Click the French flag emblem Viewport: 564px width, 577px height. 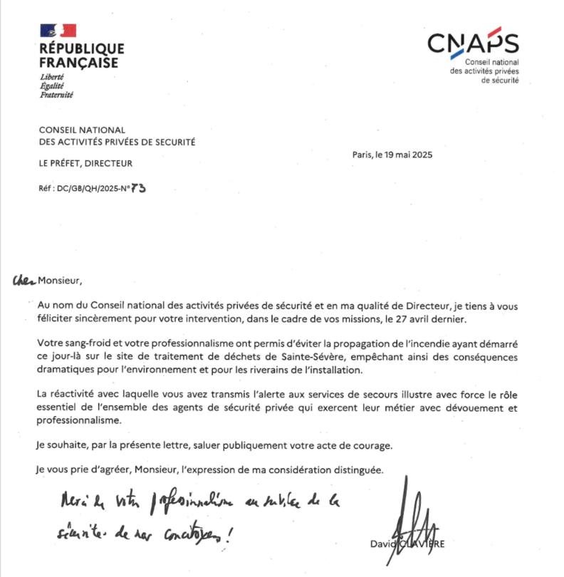pyautogui.click(x=58, y=31)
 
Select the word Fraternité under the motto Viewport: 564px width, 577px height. pyautogui.click(x=56, y=95)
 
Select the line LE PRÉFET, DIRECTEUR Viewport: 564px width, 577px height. pyautogui.click(x=86, y=164)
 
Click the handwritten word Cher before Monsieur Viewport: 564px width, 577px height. pyautogui.click(x=23, y=281)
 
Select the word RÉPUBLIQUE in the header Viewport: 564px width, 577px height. pyautogui.click(x=81, y=49)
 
